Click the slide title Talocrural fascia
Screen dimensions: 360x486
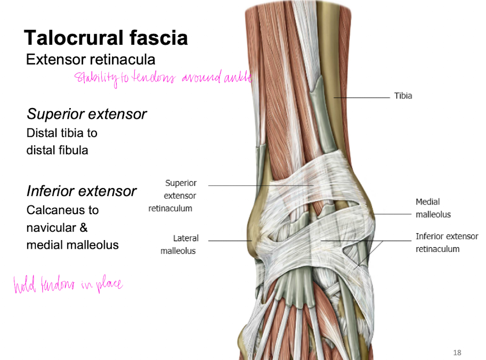coord(106,38)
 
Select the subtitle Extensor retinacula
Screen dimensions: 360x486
coord(91,59)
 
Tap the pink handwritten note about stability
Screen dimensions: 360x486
coord(163,78)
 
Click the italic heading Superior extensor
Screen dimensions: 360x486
coord(87,114)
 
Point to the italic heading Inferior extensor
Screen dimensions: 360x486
coord(82,191)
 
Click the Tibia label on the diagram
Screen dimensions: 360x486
coord(403,96)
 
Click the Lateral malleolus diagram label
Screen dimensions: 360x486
coord(179,244)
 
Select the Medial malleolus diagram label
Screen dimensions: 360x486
coord(433,208)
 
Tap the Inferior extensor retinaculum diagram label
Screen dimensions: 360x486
coord(447,242)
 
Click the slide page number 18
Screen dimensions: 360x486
coord(457,352)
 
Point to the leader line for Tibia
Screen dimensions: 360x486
coord(362,97)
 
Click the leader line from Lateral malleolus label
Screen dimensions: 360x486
coord(229,241)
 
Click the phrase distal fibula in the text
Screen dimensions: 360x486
coord(57,150)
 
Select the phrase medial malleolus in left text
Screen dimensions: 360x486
coord(72,245)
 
